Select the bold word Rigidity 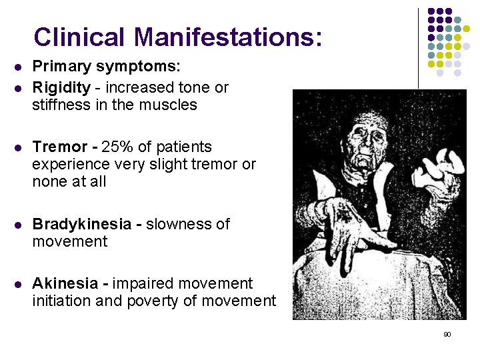pos(61,87)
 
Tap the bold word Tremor pos(60,147)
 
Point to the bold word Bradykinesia pos(83,224)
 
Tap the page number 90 pos(447,334)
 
